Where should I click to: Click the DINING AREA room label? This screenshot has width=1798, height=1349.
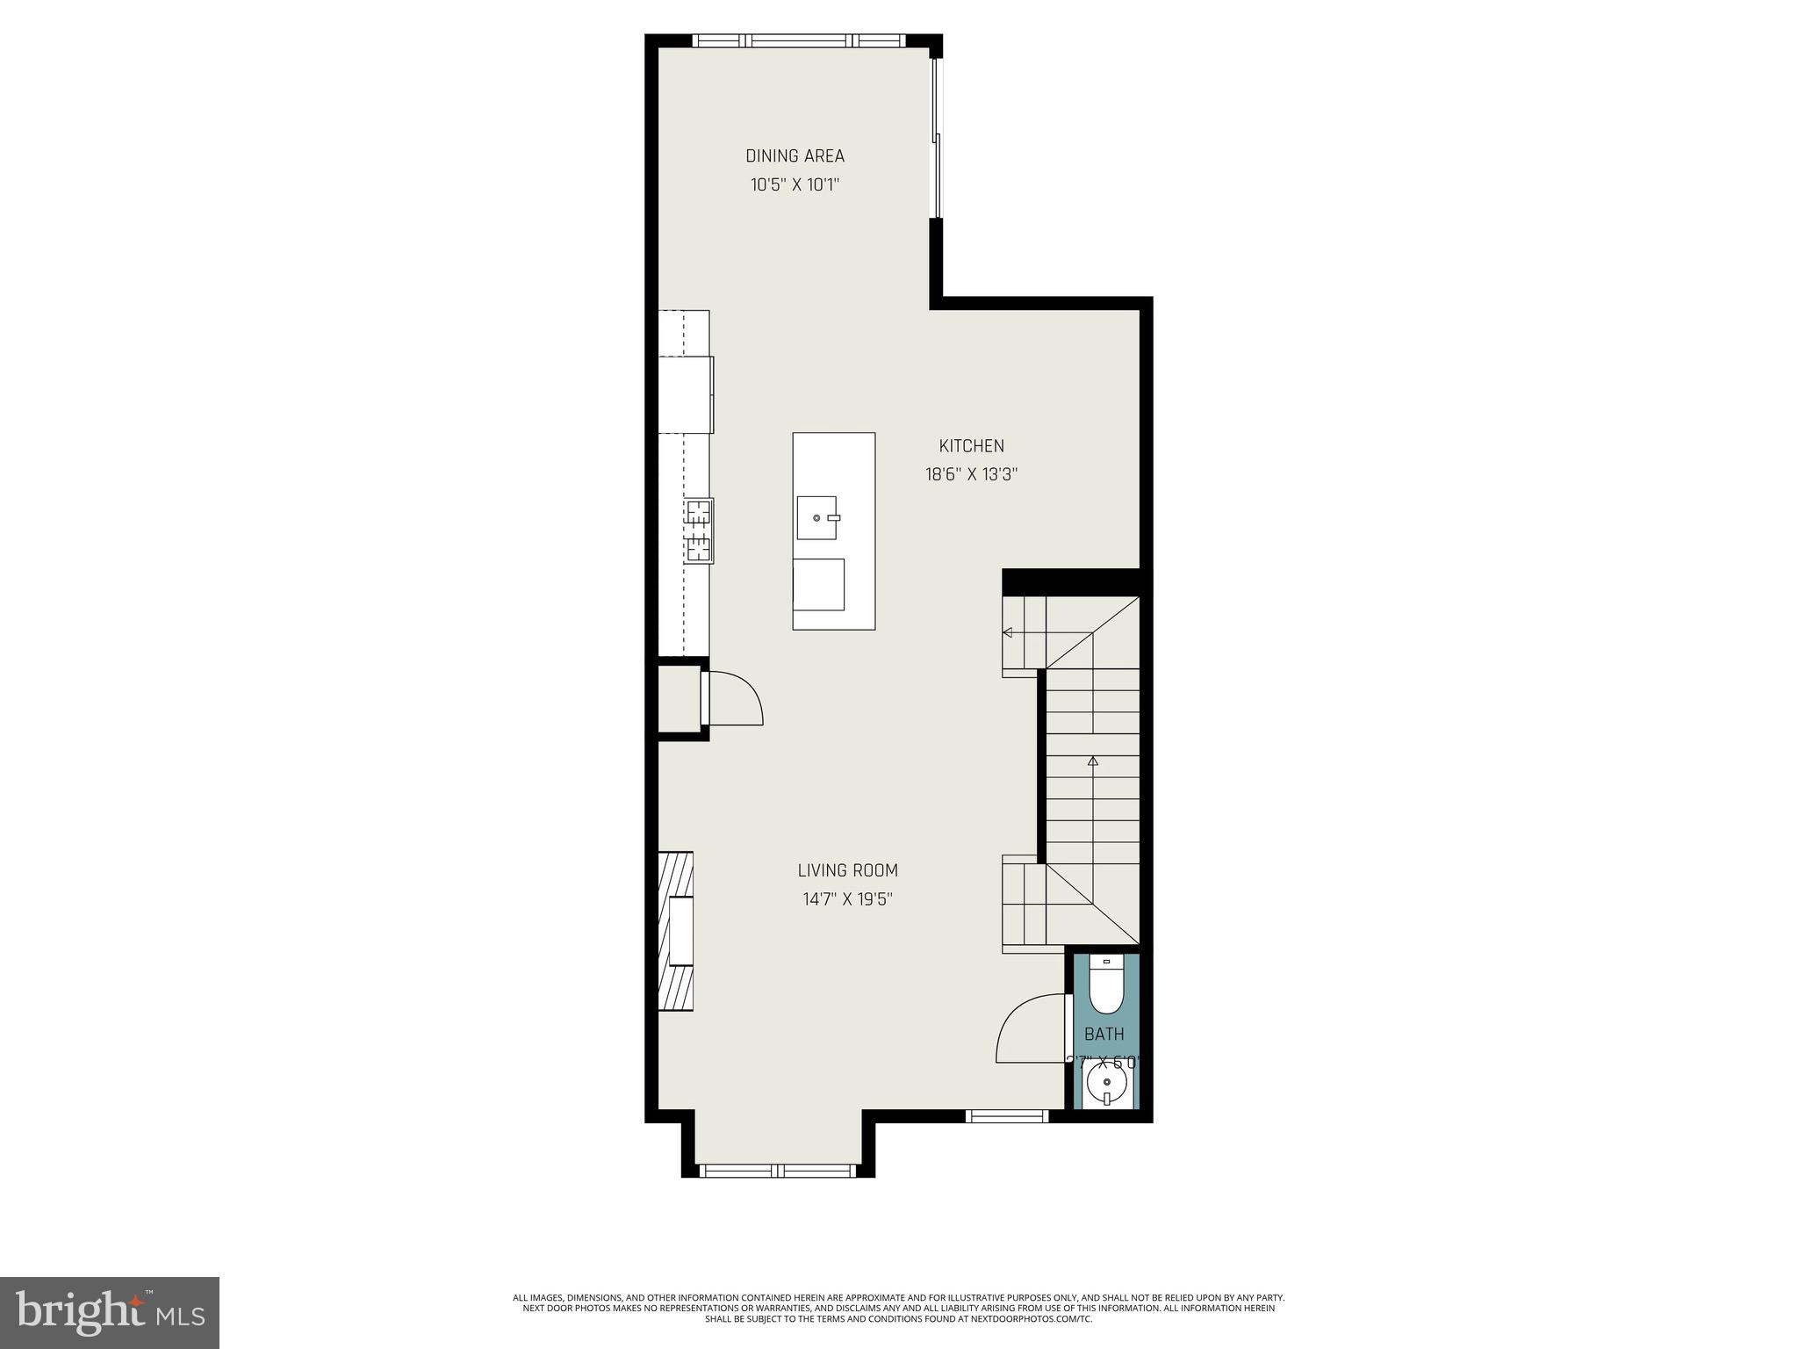pyautogui.click(x=795, y=156)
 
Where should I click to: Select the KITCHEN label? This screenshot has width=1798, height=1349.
pyautogui.click(x=971, y=446)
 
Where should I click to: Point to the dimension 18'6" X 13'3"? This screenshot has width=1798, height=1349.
pyautogui.click(x=971, y=475)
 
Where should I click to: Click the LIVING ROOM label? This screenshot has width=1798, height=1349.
pyautogui.click(x=847, y=870)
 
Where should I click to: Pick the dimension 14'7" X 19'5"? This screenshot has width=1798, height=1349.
pyautogui.click(x=847, y=899)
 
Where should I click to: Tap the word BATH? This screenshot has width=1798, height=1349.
pyautogui.click(x=1104, y=1034)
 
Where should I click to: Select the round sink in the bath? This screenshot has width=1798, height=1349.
pyautogui.click(x=1106, y=1086)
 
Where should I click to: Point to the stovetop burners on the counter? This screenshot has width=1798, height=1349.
pyautogui.click(x=700, y=530)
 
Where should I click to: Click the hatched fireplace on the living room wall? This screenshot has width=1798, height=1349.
pyautogui.click(x=676, y=931)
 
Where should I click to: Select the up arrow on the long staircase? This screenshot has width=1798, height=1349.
pyautogui.click(x=1092, y=761)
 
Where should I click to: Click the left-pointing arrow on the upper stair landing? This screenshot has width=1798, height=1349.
pyautogui.click(x=1008, y=632)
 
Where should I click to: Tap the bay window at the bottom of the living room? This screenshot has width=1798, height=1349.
pyautogui.click(x=777, y=1170)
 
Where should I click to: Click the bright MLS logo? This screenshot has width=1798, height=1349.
pyautogui.click(x=109, y=1312)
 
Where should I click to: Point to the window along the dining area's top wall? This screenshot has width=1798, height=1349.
pyautogui.click(x=798, y=40)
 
